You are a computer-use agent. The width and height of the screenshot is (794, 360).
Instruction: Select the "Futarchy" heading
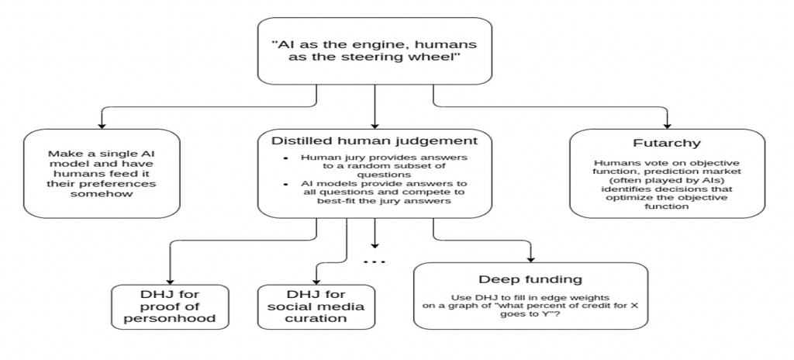pyautogui.click(x=667, y=144)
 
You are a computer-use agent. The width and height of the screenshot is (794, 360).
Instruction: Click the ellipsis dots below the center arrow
pyautogui.click(x=375, y=262)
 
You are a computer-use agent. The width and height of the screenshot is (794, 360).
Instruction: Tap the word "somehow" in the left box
pyautogui.click(x=101, y=196)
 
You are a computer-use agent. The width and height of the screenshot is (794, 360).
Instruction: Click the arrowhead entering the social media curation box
pyautogui.click(x=316, y=280)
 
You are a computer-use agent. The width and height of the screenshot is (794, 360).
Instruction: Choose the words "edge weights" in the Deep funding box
pyautogui.click(x=578, y=297)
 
